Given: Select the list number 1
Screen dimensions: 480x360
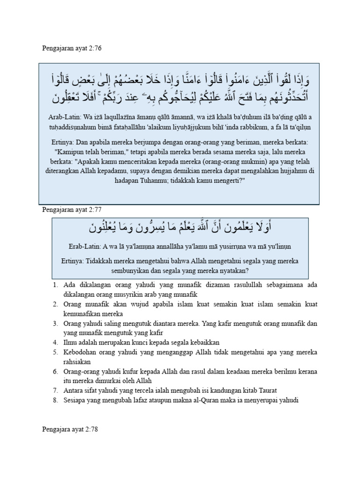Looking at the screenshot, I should pos(55,285).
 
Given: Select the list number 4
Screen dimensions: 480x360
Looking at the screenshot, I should pos(55,343).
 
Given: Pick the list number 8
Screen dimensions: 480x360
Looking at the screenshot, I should pos(55,400).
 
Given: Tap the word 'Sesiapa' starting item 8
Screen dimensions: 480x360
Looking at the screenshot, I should pos(75,400).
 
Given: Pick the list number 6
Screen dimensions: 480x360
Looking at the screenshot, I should pos(55,372).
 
